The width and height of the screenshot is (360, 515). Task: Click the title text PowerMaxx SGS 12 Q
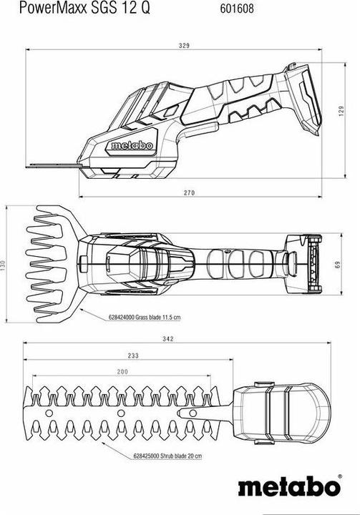coord(84,8)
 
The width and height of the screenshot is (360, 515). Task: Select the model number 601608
coord(237,9)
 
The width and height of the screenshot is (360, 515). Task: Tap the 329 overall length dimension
coord(184,46)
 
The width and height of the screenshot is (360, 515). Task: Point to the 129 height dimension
coord(341,112)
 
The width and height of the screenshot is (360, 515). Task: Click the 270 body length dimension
coord(189,193)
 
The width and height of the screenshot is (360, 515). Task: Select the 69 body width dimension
coord(338,264)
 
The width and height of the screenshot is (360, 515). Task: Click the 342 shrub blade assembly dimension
coord(167,339)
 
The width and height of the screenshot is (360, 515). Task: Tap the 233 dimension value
coord(133,355)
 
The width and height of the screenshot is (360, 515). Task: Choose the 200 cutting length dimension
coord(122,372)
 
